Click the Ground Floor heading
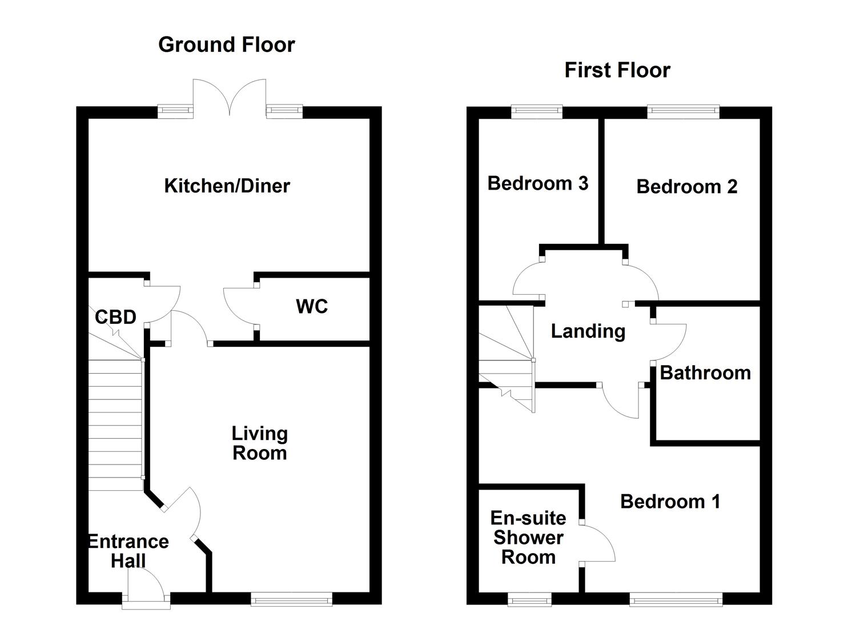226,45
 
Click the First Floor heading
617,70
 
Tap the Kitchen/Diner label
227,186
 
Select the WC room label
312,306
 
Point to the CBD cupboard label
115,316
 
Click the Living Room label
259,443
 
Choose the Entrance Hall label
128,551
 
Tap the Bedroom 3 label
537,183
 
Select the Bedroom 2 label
686,187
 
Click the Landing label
588,331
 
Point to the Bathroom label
705,373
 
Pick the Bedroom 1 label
670,502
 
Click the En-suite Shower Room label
528,538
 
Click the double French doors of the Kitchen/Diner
230,97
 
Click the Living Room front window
291,599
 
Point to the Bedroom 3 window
537,111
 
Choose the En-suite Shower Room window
529,599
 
